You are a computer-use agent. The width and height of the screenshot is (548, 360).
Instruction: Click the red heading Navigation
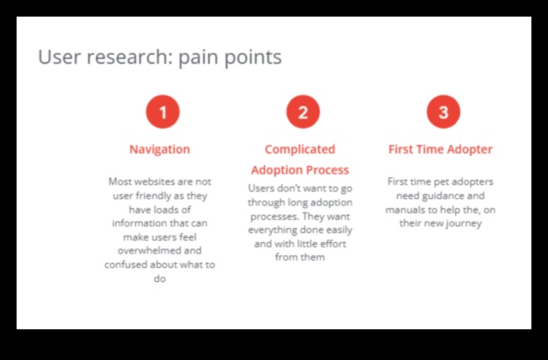point(159,149)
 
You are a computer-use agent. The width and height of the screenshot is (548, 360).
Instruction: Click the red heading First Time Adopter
point(440,149)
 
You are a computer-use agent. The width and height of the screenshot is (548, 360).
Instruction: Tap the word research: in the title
point(132,57)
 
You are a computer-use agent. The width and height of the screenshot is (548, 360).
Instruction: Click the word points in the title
point(255,57)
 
